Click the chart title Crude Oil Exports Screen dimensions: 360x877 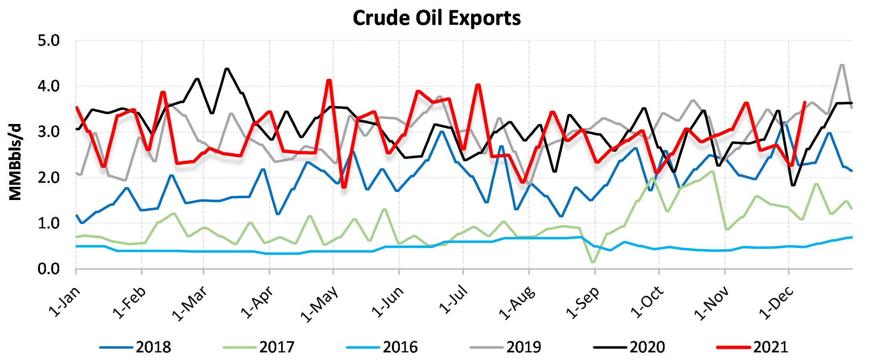point(437,18)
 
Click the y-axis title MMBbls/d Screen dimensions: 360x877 point(15,162)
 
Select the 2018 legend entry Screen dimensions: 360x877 point(136,347)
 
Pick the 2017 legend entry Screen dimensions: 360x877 point(259,347)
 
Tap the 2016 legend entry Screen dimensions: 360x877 point(383,347)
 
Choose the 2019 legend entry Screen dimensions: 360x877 point(506,347)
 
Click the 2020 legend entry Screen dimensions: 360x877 point(629,347)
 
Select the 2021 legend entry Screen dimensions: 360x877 point(753,347)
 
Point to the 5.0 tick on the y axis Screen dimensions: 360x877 point(48,41)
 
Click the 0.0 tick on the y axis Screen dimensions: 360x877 point(48,269)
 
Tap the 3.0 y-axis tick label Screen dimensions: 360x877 point(48,132)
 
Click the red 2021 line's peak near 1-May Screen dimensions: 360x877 point(329,80)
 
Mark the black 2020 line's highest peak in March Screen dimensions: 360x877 point(227,69)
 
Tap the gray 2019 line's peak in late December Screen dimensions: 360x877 point(842,65)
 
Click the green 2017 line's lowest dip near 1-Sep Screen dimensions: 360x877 point(593,262)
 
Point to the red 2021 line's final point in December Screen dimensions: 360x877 point(805,102)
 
